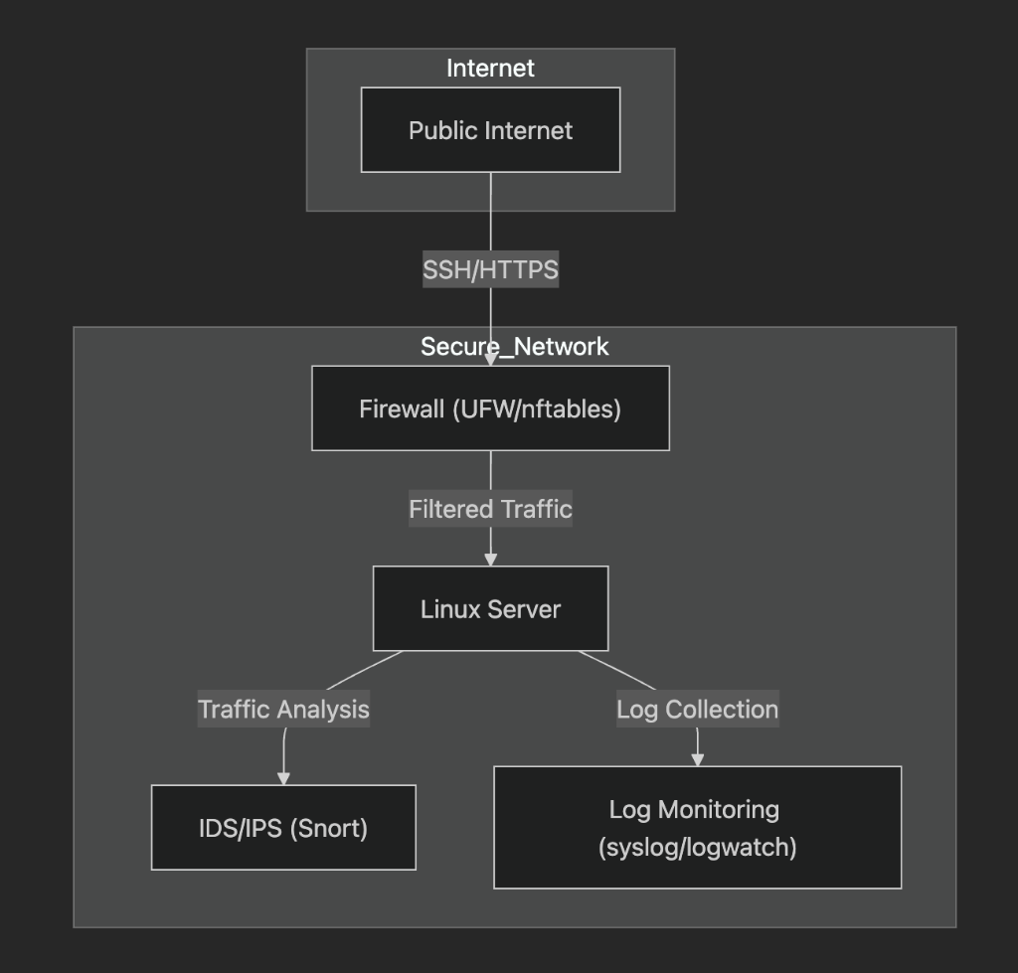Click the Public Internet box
(x=491, y=130)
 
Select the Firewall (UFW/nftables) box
(x=491, y=408)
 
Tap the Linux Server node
(x=491, y=608)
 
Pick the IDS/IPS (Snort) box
(x=283, y=828)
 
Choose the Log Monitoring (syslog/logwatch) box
(x=698, y=828)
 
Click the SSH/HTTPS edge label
(x=491, y=269)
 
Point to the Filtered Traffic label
(x=491, y=509)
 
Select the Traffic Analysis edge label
(x=283, y=709)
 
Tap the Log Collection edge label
(x=698, y=709)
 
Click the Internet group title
(x=491, y=69)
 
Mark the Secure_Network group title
(x=515, y=347)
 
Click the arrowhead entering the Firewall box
(x=491, y=360)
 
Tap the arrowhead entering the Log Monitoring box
(x=698, y=760)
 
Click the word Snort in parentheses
(x=328, y=828)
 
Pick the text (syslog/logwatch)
(x=698, y=847)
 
